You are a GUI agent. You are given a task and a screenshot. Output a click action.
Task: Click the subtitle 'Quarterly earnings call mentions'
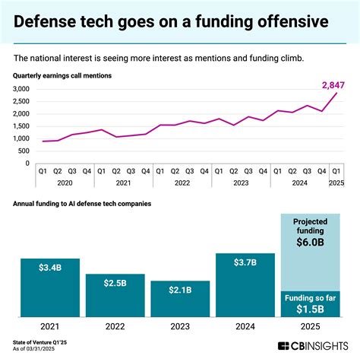[x=63, y=75]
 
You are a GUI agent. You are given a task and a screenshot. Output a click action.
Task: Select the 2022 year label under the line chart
[x=183, y=183]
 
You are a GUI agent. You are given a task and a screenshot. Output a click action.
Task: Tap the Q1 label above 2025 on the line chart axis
[x=334, y=172]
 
